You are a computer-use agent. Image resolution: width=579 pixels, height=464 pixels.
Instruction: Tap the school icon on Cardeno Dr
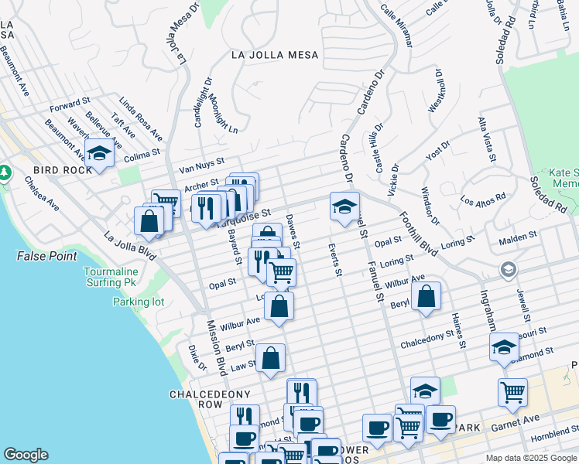(344, 206)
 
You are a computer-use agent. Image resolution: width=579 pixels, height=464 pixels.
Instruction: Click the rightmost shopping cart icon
(512, 391)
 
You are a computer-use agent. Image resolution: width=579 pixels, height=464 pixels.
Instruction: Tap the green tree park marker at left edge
(4, 171)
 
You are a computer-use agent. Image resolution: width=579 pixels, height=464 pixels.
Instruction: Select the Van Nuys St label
(200, 165)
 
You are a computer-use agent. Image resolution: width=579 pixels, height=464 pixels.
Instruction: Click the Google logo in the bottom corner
(26, 455)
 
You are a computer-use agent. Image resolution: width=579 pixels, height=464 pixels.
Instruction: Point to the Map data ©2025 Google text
(531, 458)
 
